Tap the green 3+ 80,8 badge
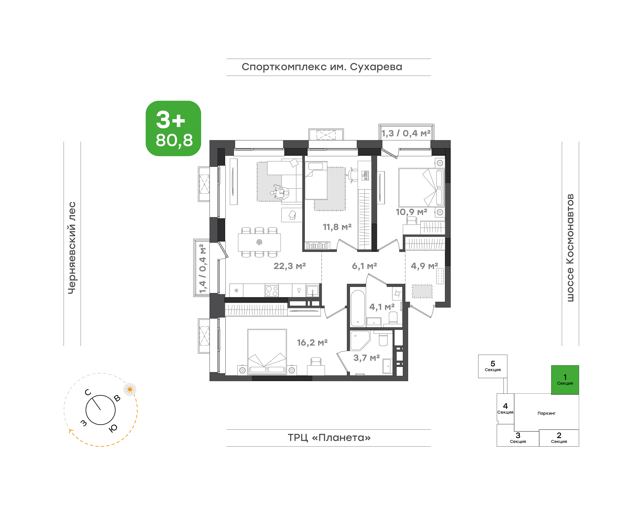(x=173, y=128)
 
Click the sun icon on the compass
(x=130, y=389)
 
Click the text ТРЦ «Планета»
(x=329, y=438)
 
